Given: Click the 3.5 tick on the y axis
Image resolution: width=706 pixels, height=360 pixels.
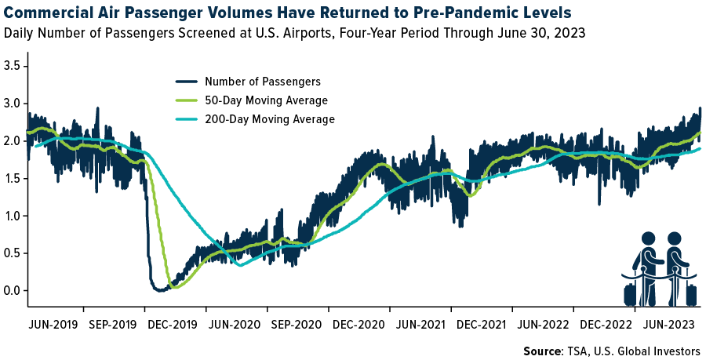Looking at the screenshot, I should click(x=13, y=65).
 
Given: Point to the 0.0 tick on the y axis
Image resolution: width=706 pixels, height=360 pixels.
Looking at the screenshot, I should click(x=13, y=291).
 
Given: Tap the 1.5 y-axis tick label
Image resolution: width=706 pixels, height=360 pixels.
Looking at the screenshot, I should click(x=13, y=178).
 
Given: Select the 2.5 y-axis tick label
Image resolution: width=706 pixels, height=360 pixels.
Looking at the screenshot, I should click(x=13, y=103).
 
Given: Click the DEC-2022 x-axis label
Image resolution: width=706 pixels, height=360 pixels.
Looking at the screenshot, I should click(x=603, y=323).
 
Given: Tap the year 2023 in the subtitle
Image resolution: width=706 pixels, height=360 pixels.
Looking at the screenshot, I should click(x=570, y=33).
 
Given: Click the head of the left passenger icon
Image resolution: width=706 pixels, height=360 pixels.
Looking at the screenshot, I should click(x=648, y=238).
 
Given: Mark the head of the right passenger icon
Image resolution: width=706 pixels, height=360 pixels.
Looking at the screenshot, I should click(x=675, y=238).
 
